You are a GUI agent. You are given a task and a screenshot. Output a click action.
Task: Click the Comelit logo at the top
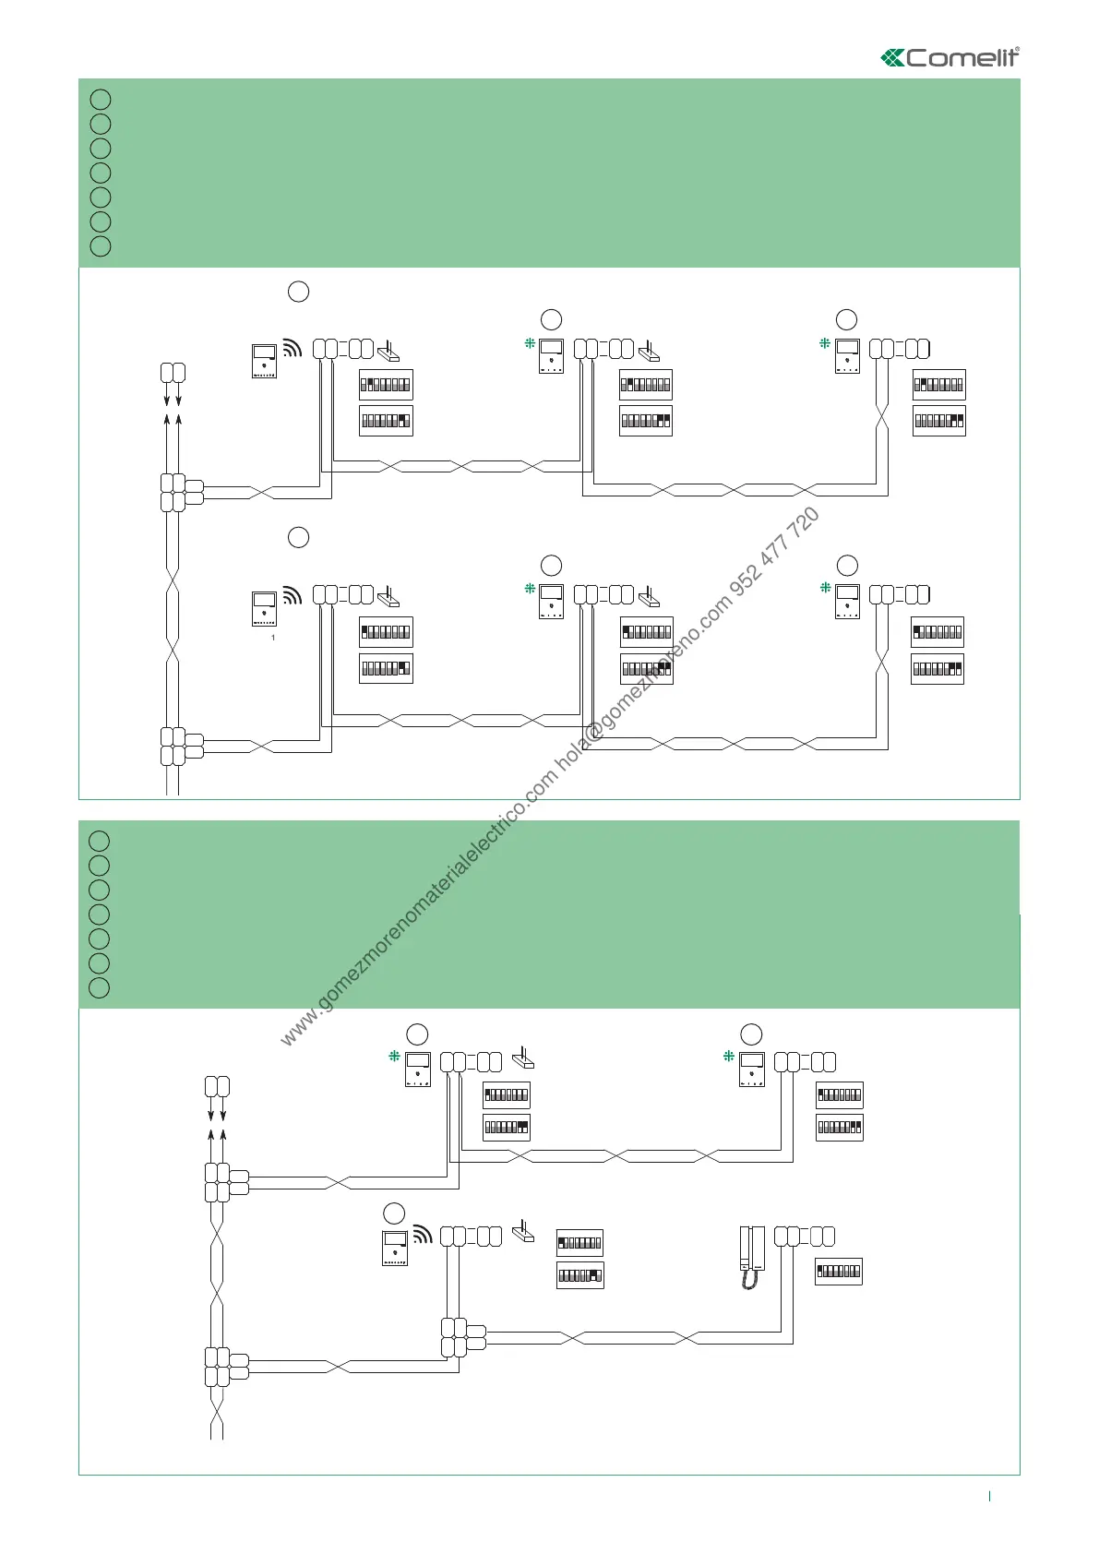[x=950, y=57]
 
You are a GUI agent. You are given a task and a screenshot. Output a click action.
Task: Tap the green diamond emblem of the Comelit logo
[x=892, y=58]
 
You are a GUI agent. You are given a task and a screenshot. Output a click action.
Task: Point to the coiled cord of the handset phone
[x=749, y=1280]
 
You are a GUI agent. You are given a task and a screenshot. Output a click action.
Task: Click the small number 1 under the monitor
[x=273, y=638]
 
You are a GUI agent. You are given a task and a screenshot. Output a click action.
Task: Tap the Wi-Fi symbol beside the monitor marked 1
[x=292, y=595]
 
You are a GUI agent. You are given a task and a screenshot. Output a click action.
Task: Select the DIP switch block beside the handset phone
[x=839, y=1272]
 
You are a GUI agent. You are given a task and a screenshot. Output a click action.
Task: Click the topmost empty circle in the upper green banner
[x=102, y=99]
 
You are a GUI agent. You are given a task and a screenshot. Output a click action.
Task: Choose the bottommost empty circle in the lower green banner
[x=101, y=987]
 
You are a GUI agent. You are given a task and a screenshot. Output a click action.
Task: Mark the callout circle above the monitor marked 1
[x=298, y=537]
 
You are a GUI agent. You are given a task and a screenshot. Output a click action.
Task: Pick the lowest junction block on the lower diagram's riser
[x=221, y=1367]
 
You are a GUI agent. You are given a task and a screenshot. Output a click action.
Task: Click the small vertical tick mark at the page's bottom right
[x=989, y=1497]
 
